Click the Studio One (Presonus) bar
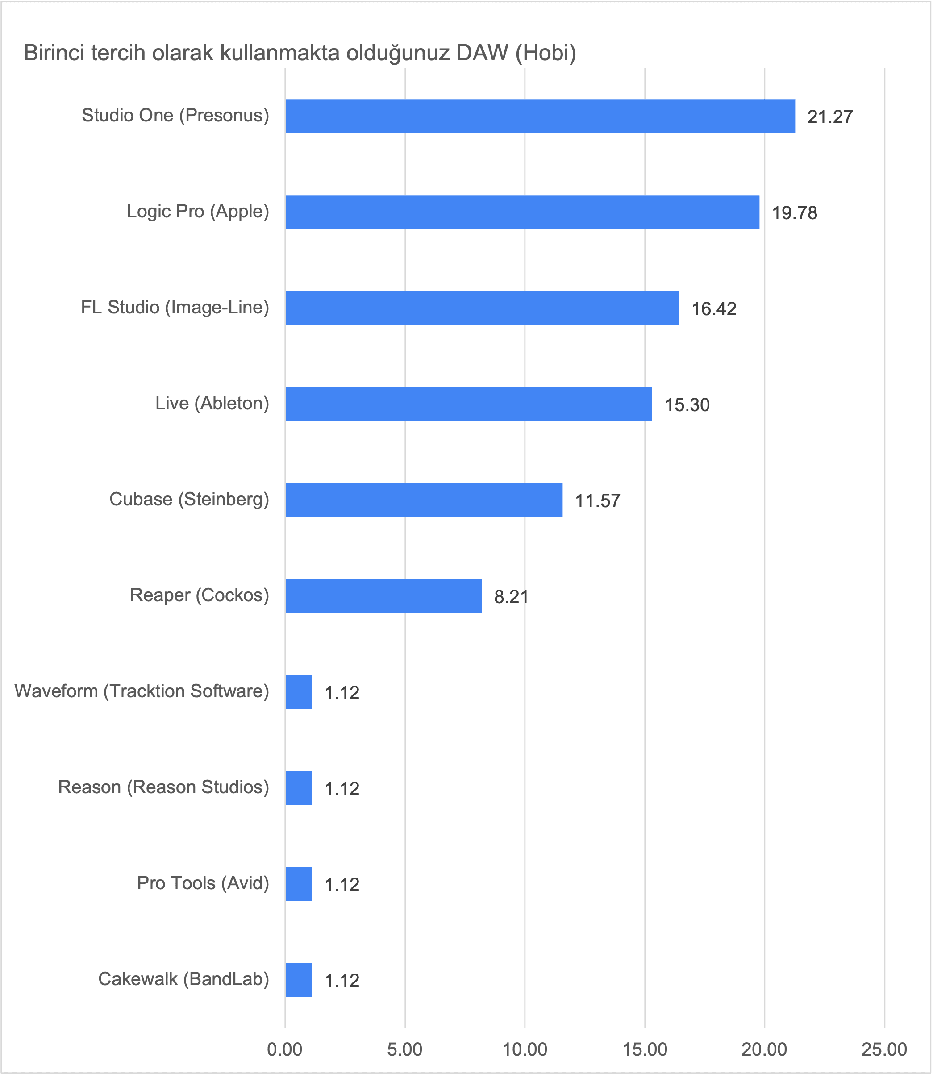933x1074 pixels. pos(540,116)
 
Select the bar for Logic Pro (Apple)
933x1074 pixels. pos(522,212)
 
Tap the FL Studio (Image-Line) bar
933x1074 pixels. pos(482,308)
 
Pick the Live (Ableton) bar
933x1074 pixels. pos(469,404)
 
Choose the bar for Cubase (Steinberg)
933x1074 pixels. pos(424,500)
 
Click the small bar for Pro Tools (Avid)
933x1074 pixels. pos(299,884)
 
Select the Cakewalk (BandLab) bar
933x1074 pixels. pos(299,980)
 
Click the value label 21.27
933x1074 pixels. pos(830,117)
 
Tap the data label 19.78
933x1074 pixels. pos(794,213)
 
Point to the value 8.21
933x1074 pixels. pos(511,597)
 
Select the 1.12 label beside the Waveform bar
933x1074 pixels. pos(342,693)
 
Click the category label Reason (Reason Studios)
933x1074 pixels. pos(163,787)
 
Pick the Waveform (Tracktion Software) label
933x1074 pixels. pos(142,691)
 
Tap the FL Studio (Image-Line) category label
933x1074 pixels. pos(175,307)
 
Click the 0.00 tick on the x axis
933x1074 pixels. pos(284,1049)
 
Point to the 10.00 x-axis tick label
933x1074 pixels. pos(525,1049)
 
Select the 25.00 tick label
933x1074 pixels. pos(884,1049)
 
